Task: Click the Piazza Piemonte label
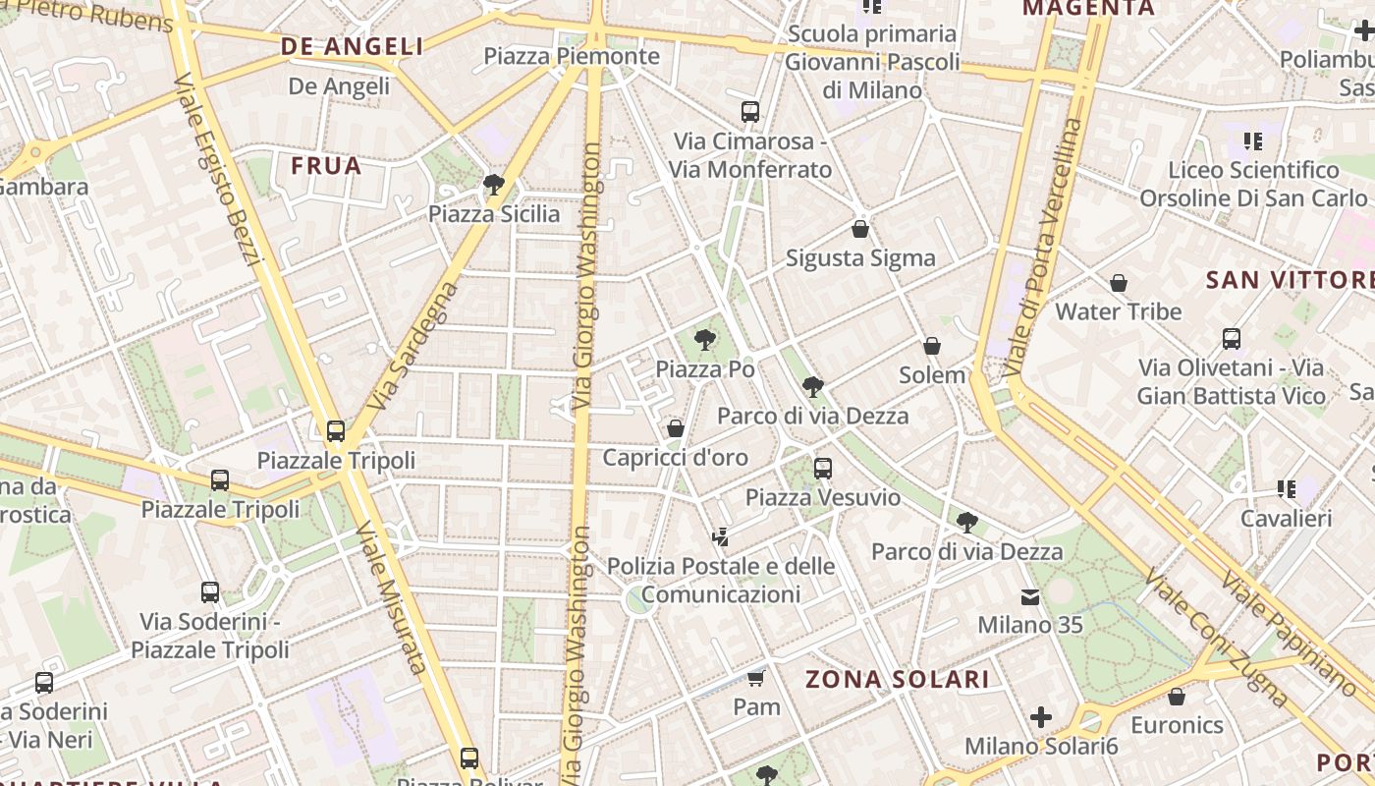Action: [x=572, y=56]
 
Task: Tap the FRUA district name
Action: [x=326, y=166]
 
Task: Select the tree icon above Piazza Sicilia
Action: [x=494, y=185]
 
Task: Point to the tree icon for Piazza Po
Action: [x=704, y=340]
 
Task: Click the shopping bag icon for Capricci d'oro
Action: [x=675, y=428]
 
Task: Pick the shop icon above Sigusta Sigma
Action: [x=860, y=229]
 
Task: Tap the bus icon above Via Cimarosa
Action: [x=750, y=111]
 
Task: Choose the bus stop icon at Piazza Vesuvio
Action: [x=823, y=469]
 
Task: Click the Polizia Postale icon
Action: [x=721, y=536]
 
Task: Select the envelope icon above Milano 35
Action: [x=1029, y=596]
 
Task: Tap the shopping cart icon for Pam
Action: [x=755, y=678]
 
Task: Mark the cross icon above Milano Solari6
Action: [x=1041, y=717]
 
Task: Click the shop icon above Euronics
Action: [x=1177, y=697]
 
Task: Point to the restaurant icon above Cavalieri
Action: [x=1286, y=488]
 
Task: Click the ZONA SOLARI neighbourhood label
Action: [x=897, y=679]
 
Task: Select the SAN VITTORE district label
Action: [x=1289, y=280]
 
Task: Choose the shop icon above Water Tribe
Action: [x=1118, y=283]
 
